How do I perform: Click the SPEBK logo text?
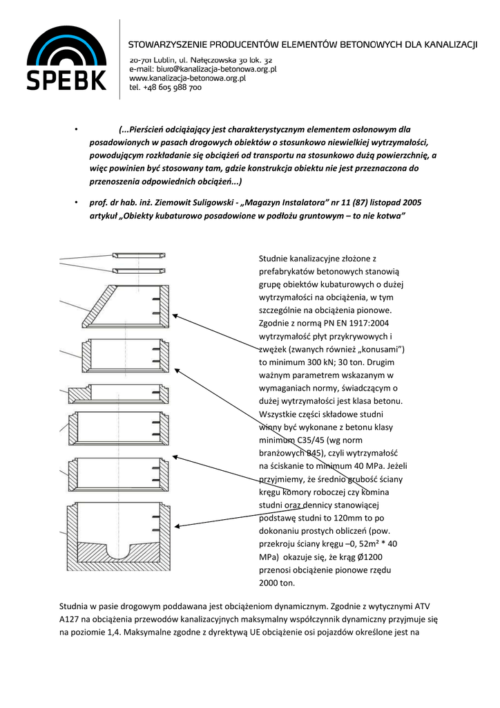pyautogui.click(x=66, y=78)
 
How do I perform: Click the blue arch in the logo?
pyautogui.click(x=66, y=43)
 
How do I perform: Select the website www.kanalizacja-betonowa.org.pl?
pyautogui.click(x=198, y=79)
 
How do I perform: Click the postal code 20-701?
pyautogui.click(x=141, y=60)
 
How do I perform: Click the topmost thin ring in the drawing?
pyautogui.click(x=139, y=255)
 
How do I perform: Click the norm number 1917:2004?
pyautogui.click(x=367, y=322)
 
